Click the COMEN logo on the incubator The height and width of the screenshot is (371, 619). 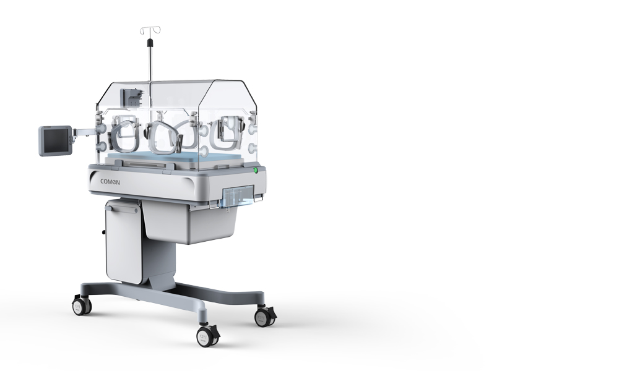pyautogui.click(x=110, y=182)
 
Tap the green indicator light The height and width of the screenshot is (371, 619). pyautogui.click(x=256, y=171)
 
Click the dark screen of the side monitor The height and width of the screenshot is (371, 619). pyautogui.click(x=55, y=141)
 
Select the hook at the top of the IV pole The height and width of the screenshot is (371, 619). pyautogui.click(x=150, y=31)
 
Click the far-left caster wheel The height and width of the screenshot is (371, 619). pyautogui.click(x=82, y=305)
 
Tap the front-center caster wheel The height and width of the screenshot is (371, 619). pyautogui.click(x=207, y=337)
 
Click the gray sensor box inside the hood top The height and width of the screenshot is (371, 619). pyautogui.click(x=133, y=96)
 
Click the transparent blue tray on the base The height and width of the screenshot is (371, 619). pyautogui.click(x=238, y=197)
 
